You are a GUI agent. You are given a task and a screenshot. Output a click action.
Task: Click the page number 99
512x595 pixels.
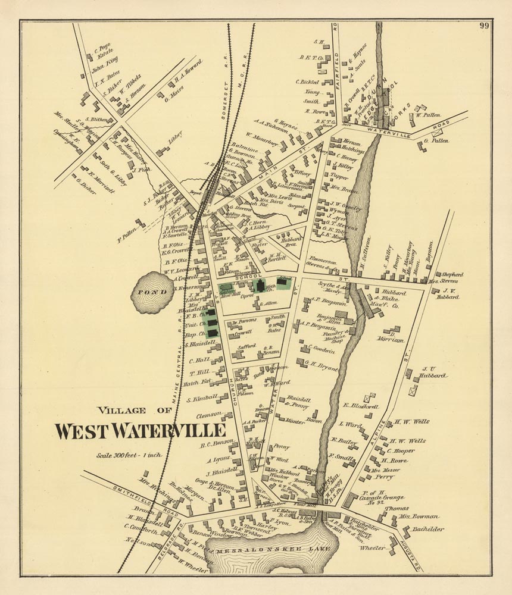coord(483,26)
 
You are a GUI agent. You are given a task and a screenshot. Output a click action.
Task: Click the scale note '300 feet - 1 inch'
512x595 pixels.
coord(130,455)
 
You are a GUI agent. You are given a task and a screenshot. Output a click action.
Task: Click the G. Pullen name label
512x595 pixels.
coord(437,140)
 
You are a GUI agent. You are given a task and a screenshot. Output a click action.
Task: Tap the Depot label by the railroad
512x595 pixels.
coord(196,193)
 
